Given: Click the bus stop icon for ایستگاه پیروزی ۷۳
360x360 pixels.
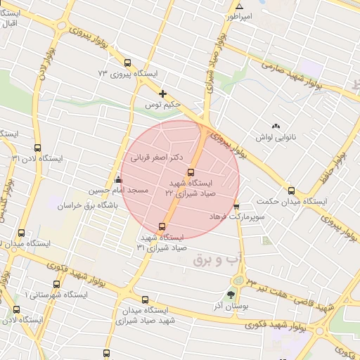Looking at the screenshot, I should coord(127,63).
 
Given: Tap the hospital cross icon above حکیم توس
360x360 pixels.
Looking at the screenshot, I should coord(163,93).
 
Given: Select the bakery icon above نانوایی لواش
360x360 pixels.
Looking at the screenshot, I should coord(275,125).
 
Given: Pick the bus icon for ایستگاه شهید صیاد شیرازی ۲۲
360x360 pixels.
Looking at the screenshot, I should coord(190,172).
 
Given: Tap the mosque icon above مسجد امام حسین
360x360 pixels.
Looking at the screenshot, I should coord(118,179).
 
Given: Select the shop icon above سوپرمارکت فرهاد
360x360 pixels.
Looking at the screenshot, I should coord(236,206).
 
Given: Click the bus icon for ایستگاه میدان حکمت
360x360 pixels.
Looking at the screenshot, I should coord(291,191).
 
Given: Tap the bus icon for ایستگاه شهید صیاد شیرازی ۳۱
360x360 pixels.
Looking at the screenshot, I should coord(163,226).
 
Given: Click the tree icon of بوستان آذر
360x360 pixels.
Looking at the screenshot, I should coord(231,295).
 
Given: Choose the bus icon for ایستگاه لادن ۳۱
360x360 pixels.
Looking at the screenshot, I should coord(37,148).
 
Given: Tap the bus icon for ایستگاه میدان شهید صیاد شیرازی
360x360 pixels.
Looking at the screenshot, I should coord(145,300).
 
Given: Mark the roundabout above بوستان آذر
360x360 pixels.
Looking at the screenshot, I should coord(239,280).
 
